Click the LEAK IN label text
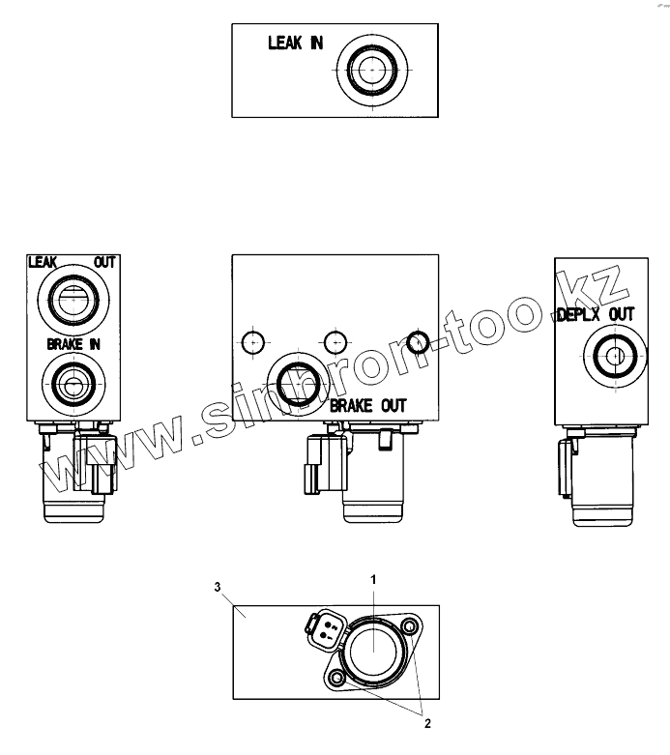pyautogui.click(x=295, y=44)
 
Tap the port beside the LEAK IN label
pyautogui.click(x=371, y=71)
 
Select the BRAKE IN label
pyautogui.click(x=73, y=343)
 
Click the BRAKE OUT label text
pyautogui.click(x=368, y=405)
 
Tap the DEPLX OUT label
pyautogui.click(x=597, y=314)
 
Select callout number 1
pyautogui.click(x=373, y=578)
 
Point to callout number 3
pyautogui.click(x=218, y=586)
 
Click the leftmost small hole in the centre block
pyautogui.click(x=253, y=340)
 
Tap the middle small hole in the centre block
pyautogui.click(x=335, y=340)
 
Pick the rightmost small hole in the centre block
pyautogui.click(x=418, y=340)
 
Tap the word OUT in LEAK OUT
pyautogui.click(x=103, y=262)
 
